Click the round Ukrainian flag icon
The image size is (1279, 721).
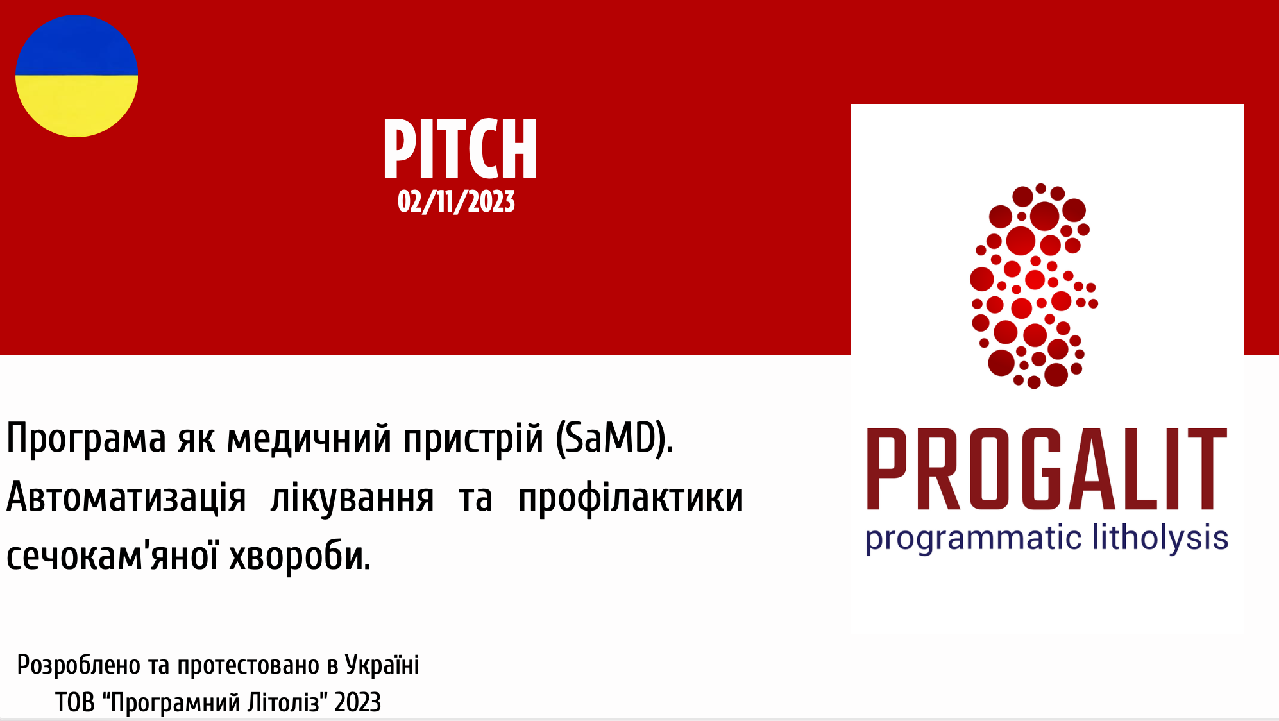pos(76,76)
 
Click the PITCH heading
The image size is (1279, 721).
pos(460,149)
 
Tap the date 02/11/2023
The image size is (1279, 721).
pos(456,201)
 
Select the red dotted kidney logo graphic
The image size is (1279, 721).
pos(1033,286)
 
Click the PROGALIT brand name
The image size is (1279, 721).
pos(1046,469)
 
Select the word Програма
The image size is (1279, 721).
pos(86,439)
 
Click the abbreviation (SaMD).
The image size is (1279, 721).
pos(614,439)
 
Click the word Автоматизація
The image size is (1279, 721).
pos(126,498)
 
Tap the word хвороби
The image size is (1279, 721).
pos(300,556)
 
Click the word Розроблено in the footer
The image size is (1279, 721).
pos(78,665)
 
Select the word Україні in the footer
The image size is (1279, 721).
pos(382,665)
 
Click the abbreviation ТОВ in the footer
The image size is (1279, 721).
pos(74,702)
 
